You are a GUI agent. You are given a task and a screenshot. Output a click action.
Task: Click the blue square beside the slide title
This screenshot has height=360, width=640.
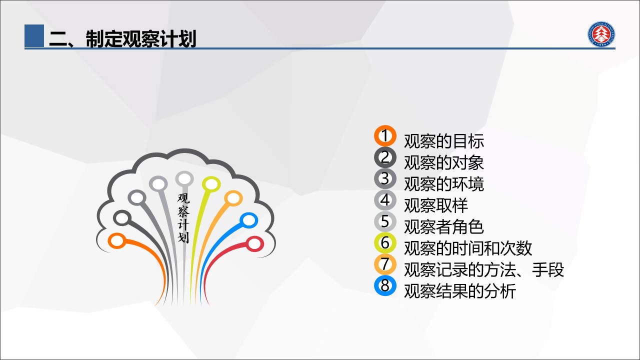pos(34,35)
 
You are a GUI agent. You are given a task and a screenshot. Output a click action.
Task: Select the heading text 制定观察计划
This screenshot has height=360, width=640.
pos(141,38)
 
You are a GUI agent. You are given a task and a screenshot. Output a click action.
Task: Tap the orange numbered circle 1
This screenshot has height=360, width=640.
pos(385,136)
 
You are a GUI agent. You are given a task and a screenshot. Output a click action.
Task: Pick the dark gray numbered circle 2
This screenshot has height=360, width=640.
pos(385,157)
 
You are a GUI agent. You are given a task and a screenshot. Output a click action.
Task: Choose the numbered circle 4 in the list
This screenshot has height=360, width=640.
pos(385,200)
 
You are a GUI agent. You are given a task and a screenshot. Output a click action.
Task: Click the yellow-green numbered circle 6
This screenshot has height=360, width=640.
pos(385,243)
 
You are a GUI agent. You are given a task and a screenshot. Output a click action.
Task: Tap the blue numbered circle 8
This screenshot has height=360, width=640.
pos(385,285)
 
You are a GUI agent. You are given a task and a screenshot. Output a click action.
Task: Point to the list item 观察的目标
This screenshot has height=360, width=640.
pos(444,141)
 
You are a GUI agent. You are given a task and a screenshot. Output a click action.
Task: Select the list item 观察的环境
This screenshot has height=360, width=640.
pos(444,184)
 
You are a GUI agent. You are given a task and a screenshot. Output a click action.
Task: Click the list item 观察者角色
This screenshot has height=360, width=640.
pos(444,227)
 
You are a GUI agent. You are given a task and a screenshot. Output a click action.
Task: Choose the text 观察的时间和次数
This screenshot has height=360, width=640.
pos(468,248)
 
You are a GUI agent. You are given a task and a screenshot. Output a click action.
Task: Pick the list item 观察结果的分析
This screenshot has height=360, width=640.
pos(460,291)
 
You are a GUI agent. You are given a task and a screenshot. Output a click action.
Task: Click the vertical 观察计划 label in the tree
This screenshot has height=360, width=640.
pos(183,218)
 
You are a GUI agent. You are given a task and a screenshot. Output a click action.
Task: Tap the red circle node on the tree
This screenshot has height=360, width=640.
pos(254,244)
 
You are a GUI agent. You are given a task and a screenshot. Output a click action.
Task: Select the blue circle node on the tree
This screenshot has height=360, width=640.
pos(248,220)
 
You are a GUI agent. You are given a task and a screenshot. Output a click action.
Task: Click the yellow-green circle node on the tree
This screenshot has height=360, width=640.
pos(211,184)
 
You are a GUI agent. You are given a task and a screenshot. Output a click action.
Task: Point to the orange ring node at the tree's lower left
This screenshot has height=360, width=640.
pos(117,241)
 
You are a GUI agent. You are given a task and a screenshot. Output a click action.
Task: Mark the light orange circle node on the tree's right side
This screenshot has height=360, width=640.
pos(233,198)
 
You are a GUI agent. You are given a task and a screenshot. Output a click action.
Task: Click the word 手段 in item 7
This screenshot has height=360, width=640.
pos(548,269)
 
